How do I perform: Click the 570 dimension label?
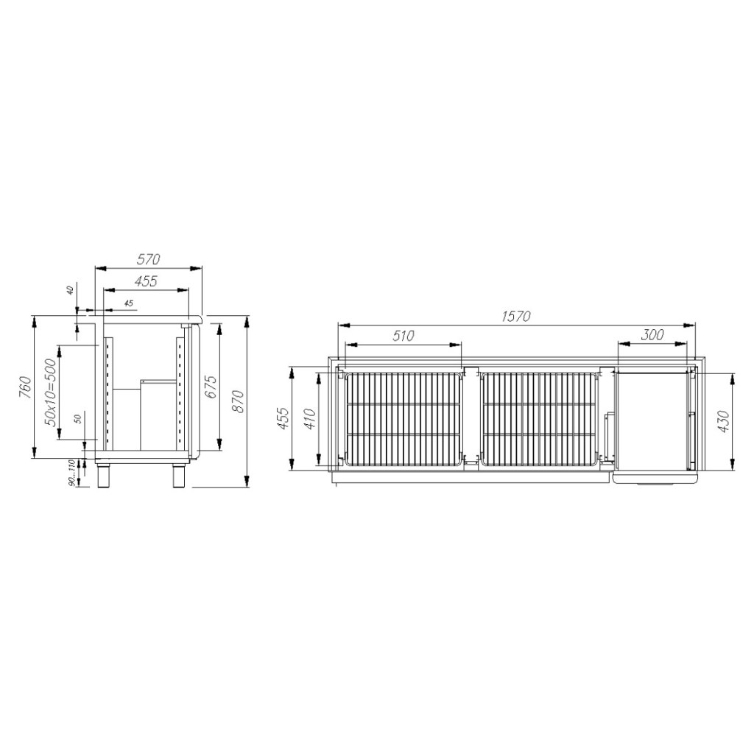pyautogui.click(x=148, y=260)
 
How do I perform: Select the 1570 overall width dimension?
pyautogui.click(x=515, y=317)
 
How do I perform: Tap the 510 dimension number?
pyautogui.click(x=403, y=336)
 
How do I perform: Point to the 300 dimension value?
pyautogui.click(x=652, y=335)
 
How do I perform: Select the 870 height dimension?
pyautogui.click(x=237, y=402)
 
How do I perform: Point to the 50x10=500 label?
pyautogui.click(x=50, y=393)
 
